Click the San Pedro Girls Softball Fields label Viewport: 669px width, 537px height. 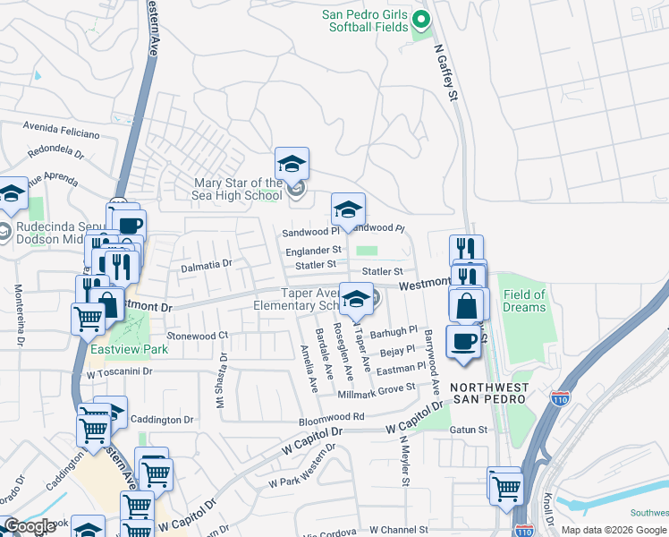point(365,22)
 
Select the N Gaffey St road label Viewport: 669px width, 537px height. point(445,73)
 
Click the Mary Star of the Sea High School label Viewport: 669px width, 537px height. point(238,189)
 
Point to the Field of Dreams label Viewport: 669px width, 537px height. point(524,301)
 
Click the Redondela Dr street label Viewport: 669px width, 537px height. point(55,153)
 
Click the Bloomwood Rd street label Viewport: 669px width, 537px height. point(332,417)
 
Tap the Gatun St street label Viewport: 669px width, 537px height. point(469,430)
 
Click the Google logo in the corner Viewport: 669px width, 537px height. point(30,526)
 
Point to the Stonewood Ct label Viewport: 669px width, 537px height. point(199,336)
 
